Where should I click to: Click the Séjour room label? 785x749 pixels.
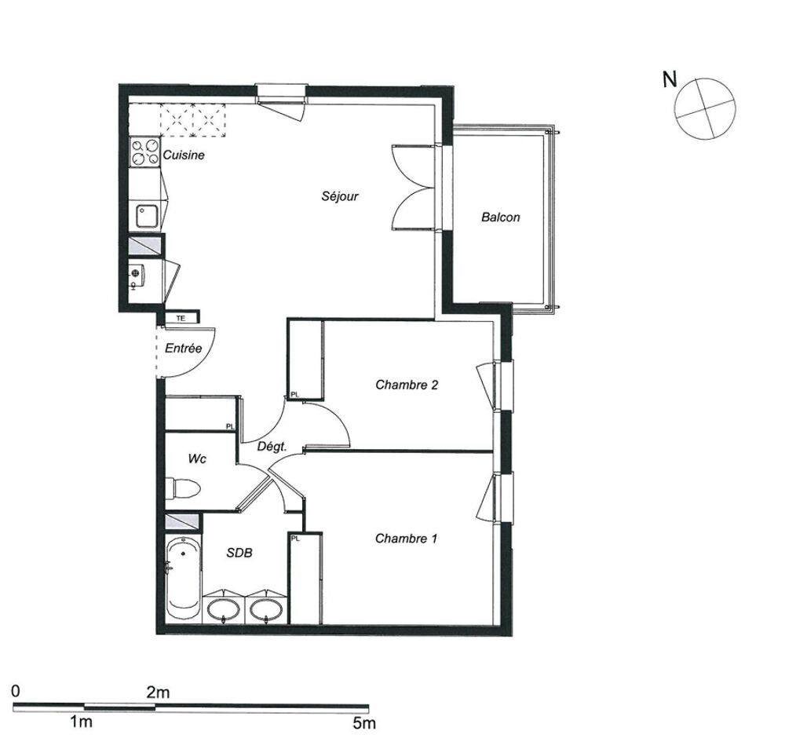click(x=340, y=195)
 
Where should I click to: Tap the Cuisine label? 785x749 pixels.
click(x=184, y=155)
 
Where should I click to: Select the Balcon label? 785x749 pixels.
click(x=501, y=217)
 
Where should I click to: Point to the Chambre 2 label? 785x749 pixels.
click(x=407, y=385)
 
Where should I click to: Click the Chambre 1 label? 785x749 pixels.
click(x=406, y=539)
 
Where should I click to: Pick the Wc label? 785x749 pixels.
click(x=197, y=459)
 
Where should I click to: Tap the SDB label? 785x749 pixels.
click(x=239, y=553)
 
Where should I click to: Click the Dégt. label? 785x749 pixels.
click(x=272, y=447)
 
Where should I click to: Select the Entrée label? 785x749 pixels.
click(x=183, y=348)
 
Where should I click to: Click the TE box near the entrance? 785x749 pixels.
click(x=181, y=318)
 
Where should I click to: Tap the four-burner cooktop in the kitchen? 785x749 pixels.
click(x=144, y=152)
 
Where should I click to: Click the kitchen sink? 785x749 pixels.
click(x=147, y=216)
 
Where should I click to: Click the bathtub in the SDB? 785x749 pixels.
click(x=184, y=579)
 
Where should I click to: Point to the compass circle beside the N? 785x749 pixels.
click(x=705, y=108)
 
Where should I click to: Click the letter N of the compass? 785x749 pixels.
click(x=670, y=79)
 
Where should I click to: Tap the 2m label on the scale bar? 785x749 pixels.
click(x=159, y=692)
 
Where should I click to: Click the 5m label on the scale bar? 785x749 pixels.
click(x=364, y=723)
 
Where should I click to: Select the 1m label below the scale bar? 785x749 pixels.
click(x=81, y=722)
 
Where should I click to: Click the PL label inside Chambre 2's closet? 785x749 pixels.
click(x=295, y=395)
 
